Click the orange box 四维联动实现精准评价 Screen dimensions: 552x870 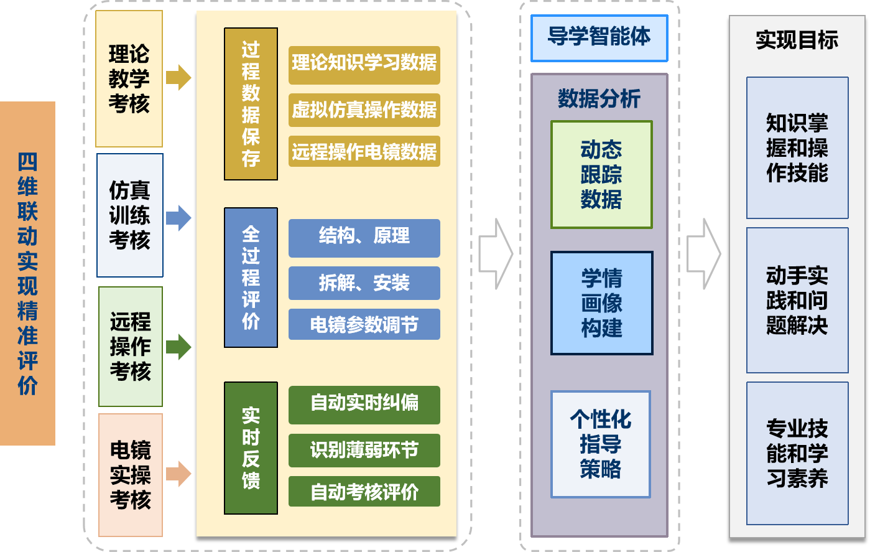27,273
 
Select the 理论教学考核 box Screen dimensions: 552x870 129,79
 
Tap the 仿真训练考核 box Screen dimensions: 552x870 129,215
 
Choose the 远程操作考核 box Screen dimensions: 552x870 130,347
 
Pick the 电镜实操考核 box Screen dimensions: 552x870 130,475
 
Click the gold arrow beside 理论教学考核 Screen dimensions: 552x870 178,78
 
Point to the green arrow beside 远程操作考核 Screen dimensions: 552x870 178,347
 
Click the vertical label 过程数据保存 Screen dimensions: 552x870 251,104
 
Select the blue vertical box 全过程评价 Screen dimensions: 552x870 251,278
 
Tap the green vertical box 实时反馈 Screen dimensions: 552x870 251,448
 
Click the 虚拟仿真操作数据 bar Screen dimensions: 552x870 364,110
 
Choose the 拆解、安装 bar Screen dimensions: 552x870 364,283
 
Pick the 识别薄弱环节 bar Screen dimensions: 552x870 364,450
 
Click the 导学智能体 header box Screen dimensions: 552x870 599,38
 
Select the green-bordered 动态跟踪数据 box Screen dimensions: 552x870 601,175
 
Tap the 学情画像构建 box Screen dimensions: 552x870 601,303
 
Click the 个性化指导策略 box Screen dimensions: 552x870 600,444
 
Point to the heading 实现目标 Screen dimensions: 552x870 797,40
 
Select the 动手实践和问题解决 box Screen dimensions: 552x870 797,301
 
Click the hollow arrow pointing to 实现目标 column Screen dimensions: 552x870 703,254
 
